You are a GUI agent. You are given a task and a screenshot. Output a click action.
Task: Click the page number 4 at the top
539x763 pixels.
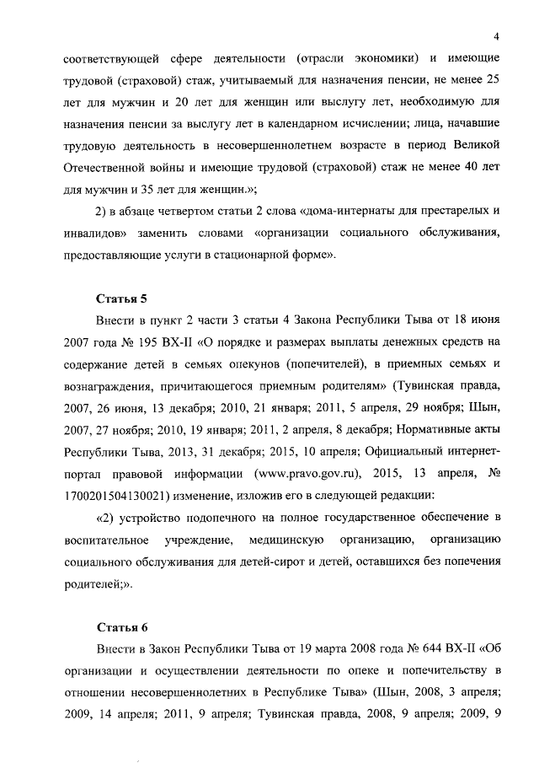pyautogui.click(x=497, y=36)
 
